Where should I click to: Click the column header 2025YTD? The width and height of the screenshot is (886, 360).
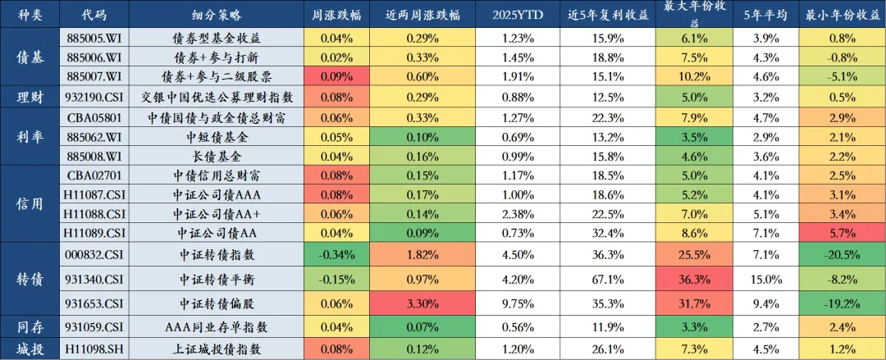click(x=518, y=16)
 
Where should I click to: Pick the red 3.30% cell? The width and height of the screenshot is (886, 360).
click(x=422, y=303)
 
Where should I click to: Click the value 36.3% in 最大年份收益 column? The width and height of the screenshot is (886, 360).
click(x=695, y=279)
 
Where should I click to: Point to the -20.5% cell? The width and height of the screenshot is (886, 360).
click(x=843, y=255)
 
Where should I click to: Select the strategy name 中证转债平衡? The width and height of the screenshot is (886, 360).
click(x=217, y=279)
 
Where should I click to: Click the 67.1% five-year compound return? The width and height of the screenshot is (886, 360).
click(x=608, y=279)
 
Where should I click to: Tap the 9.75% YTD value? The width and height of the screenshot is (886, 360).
click(x=518, y=303)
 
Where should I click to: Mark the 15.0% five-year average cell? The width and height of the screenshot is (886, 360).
click(x=765, y=279)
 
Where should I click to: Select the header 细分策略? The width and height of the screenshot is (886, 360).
click(x=217, y=16)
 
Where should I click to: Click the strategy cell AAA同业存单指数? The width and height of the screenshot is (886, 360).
click(x=217, y=326)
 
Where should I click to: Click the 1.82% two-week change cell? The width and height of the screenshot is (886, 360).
click(x=422, y=255)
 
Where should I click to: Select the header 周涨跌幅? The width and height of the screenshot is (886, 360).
click(x=336, y=16)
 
